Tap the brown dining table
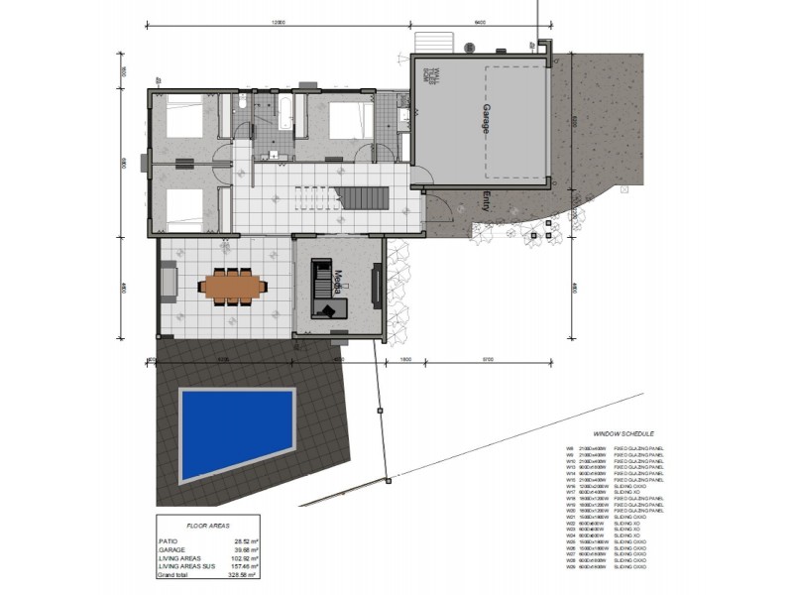point(234,287)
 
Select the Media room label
point(338,281)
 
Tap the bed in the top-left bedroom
point(183,120)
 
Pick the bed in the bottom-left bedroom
point(184,205)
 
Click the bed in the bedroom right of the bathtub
point(349,122)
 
